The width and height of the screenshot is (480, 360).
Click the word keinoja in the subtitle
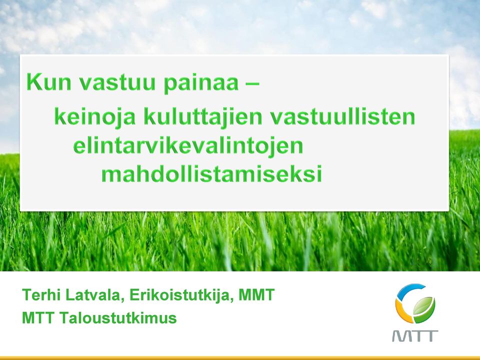(94, 116)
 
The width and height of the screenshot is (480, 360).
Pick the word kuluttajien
(203, 116)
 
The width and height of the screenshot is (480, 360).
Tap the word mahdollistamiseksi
(211, 173)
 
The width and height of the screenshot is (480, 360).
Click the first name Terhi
(41, 294)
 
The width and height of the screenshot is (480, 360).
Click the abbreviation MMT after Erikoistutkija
(256, 294)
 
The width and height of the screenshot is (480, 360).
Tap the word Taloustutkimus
(118, 318)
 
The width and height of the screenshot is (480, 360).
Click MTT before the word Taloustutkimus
(38, 318)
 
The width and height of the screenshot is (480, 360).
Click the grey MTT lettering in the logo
(415, 336)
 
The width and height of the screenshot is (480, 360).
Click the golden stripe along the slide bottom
(240, 358)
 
